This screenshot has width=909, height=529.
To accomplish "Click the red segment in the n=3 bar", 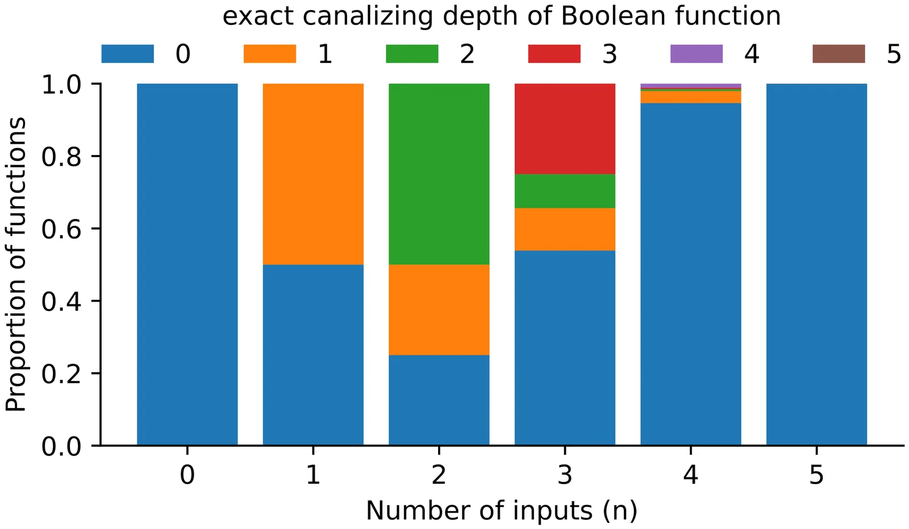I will (565, 129).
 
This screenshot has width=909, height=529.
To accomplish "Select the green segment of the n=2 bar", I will (439, 174).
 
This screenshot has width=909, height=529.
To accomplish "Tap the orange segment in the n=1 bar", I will (313, 174).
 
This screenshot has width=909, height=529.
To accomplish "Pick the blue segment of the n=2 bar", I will (439, 400).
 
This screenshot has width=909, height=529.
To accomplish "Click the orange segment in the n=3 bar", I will (565, 229).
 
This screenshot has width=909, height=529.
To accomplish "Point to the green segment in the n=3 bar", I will (565, 191).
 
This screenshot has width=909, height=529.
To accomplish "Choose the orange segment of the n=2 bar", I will (439, 309).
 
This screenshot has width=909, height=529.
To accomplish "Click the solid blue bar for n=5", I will (816, 264).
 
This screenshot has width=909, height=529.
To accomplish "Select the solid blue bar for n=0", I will (187, 264).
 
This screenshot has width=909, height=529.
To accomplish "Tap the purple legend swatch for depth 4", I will (697, 54).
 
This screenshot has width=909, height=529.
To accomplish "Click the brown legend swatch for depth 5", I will (839, 54).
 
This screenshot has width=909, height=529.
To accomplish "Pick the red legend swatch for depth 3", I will (554, 54).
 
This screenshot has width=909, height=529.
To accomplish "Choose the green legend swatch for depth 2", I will (412, 54).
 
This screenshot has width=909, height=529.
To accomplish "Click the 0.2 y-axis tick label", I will (62, 373).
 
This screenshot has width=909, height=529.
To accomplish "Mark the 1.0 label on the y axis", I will (62, 84).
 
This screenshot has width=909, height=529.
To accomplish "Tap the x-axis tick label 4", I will (690, 475).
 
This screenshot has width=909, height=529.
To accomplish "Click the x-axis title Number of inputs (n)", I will (502, 510).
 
